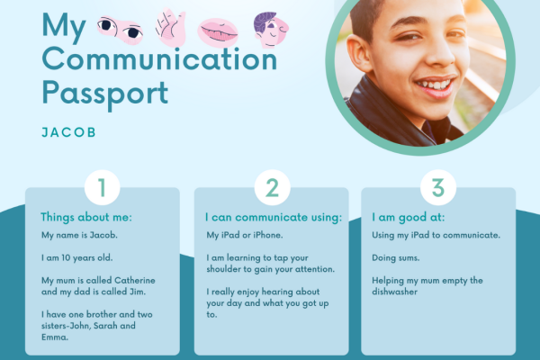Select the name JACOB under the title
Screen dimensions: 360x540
point(68,131)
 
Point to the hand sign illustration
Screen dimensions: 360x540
point(171,27)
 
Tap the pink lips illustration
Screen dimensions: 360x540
point(219,32)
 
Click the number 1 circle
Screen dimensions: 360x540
point(102,188)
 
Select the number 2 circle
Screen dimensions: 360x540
point(271,188)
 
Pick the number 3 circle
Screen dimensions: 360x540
point(438,188)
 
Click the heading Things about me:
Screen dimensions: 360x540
point(86,217)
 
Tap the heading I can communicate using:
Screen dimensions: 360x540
point(274,217)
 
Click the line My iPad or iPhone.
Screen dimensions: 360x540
point(245,235)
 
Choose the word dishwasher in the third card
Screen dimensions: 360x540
point(397,292)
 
